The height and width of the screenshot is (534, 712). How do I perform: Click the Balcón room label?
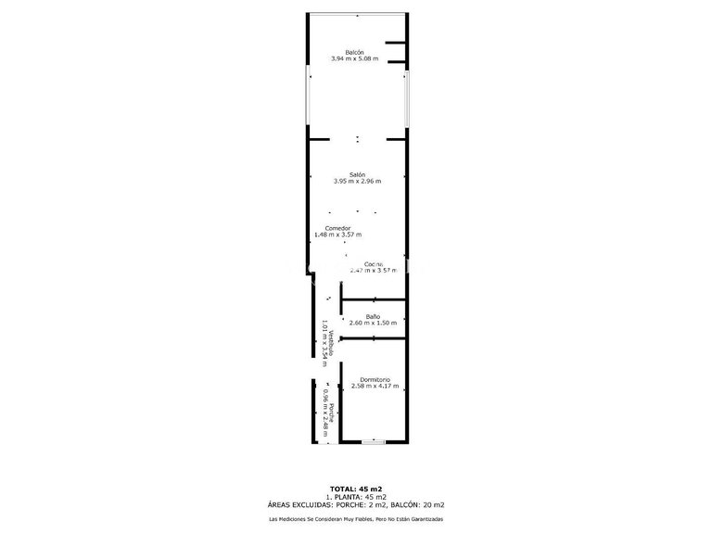[x=355, y=51]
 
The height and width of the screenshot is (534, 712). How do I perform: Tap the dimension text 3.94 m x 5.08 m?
[x=355, y=58]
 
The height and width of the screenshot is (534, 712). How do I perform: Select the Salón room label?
[x=357, y=174]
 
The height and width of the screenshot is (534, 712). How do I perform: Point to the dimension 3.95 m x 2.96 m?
[x=357, y=182]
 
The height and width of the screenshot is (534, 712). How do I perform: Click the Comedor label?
[x=337, y=228]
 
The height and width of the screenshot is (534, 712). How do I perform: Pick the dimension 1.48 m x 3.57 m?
[x=337, y=235]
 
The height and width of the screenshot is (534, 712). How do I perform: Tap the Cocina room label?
[x=374, y=263]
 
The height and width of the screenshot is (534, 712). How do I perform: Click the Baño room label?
[x=373, y=316]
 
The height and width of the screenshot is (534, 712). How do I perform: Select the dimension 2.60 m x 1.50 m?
[x=373, y=324]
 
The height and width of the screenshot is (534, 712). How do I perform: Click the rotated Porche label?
[x=329, y=413]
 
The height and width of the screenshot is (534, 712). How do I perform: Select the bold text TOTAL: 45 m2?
[x=356, y=488]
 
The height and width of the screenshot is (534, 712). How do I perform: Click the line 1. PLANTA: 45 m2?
[x=356, y=496]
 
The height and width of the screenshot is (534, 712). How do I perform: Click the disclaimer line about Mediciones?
[x=356, y=518]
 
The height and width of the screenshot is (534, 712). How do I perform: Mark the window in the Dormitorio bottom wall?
[x=373, y=442]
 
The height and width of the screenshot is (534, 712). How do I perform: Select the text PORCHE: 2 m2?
[x=359, y=504]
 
